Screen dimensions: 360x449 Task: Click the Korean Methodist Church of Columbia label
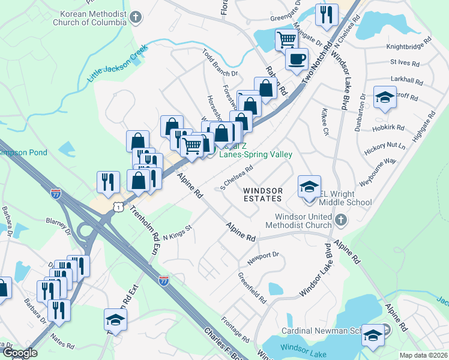point(89,18)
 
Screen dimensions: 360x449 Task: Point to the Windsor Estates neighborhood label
point(262,194)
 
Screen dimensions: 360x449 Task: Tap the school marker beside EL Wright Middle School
point(309,187)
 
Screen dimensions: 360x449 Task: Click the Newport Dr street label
point(264,258)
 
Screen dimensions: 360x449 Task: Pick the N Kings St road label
point(176,231)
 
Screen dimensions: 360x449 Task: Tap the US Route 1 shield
point(120,206)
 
